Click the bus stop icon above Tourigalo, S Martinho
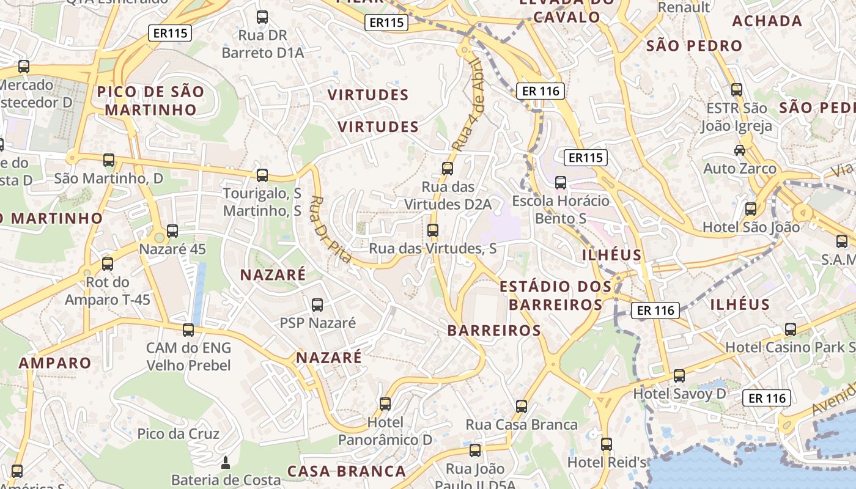click(262, 175)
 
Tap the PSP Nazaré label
click(317, 323)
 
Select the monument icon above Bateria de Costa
click(226, 462)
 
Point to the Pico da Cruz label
click(179, 434)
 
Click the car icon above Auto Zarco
click(740, 150)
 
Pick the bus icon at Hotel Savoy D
click(679, 375)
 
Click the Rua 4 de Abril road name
click(469, 105)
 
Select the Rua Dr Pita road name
click(331, 229)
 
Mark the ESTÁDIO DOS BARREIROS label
click(555, 295)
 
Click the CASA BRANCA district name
click(346, 471)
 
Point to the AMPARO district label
click(55, 362)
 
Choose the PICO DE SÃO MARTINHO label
click(150, 101)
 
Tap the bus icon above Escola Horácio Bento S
click(561, 182)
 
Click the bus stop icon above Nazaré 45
click(172, 231)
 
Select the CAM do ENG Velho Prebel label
click(188, 357)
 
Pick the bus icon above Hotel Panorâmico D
click(385, 403)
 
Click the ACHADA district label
click(767, 21)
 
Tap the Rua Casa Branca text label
click(522, 424)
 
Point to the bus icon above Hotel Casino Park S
click(791, 329)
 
